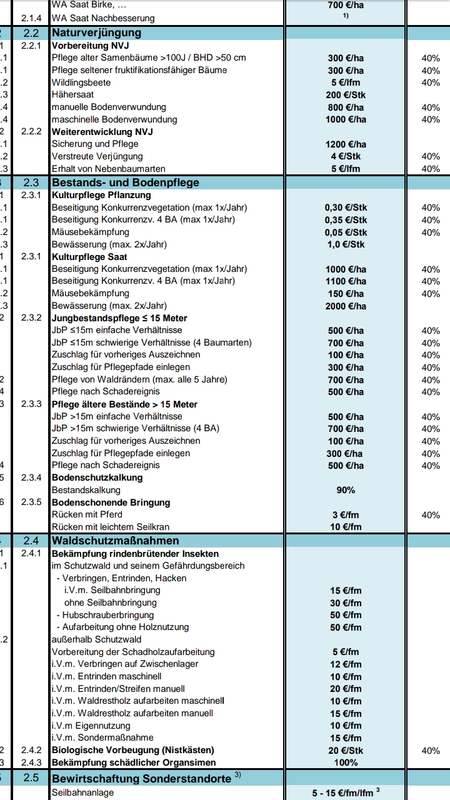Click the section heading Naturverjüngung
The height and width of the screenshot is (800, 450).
pyautogui.click(x=96, y=32)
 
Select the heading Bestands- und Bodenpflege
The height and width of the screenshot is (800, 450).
pyautogui.click(x=126, y=182)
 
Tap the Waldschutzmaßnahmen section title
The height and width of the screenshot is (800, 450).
pyautogui.click(x=116, y=541)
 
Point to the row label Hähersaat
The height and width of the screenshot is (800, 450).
pyautogui.click(x=72, y=94)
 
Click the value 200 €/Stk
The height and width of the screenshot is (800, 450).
pyautogui.click(x=346, y=95)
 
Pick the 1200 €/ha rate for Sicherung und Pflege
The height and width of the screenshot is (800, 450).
pyautogui.click(x=346, y=144)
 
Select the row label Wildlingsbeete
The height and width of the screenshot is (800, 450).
pyautogui.click(x=81, y=82)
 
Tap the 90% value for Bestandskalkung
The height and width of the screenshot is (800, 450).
pyautogui.click(x=346, y=490)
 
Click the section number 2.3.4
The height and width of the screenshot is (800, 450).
pyautogui.click(x=31, y=477)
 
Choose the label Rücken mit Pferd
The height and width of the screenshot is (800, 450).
pyautogui.click(x=87, y=514)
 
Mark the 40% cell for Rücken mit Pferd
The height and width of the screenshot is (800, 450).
pyautogui.click(x=431, y=515)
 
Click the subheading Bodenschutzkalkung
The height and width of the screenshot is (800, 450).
pyautogui.click(x=97, y=477)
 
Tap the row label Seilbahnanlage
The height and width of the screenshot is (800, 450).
pyautogui.click(x=82, y=792)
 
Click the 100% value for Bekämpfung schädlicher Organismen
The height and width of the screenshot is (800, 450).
pyautogui.click(x=346, y=762)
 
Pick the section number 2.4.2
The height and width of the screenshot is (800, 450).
pyautogui.click(x=31, y=750)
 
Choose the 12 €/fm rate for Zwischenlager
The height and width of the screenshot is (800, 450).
pyautogui.click(x=346, y=664)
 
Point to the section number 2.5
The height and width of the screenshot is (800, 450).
pyautogui.click(x=31, y=778)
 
